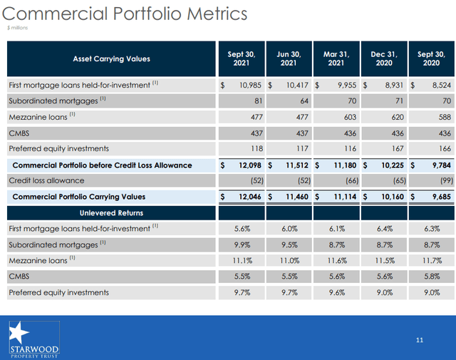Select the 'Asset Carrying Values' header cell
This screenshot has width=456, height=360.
(x=111, y=58)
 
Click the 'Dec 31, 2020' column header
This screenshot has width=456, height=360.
(x=383, y=58)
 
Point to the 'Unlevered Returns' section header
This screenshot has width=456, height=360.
(x=111, y=212)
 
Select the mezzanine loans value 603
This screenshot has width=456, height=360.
(x=339, y=117)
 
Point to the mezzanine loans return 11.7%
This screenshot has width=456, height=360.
(x=431, y=260)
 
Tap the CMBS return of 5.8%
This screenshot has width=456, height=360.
(x=431, y=277)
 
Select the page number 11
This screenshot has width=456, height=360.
(x=420, y=340)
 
